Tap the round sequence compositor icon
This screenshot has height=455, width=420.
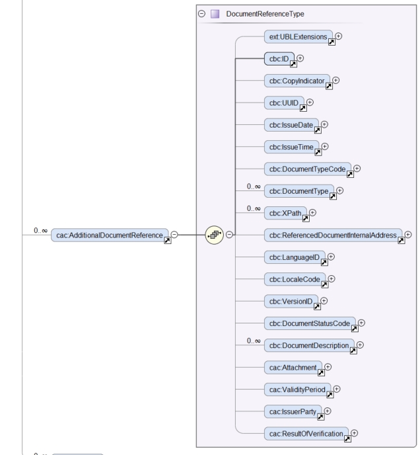[215, 235]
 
